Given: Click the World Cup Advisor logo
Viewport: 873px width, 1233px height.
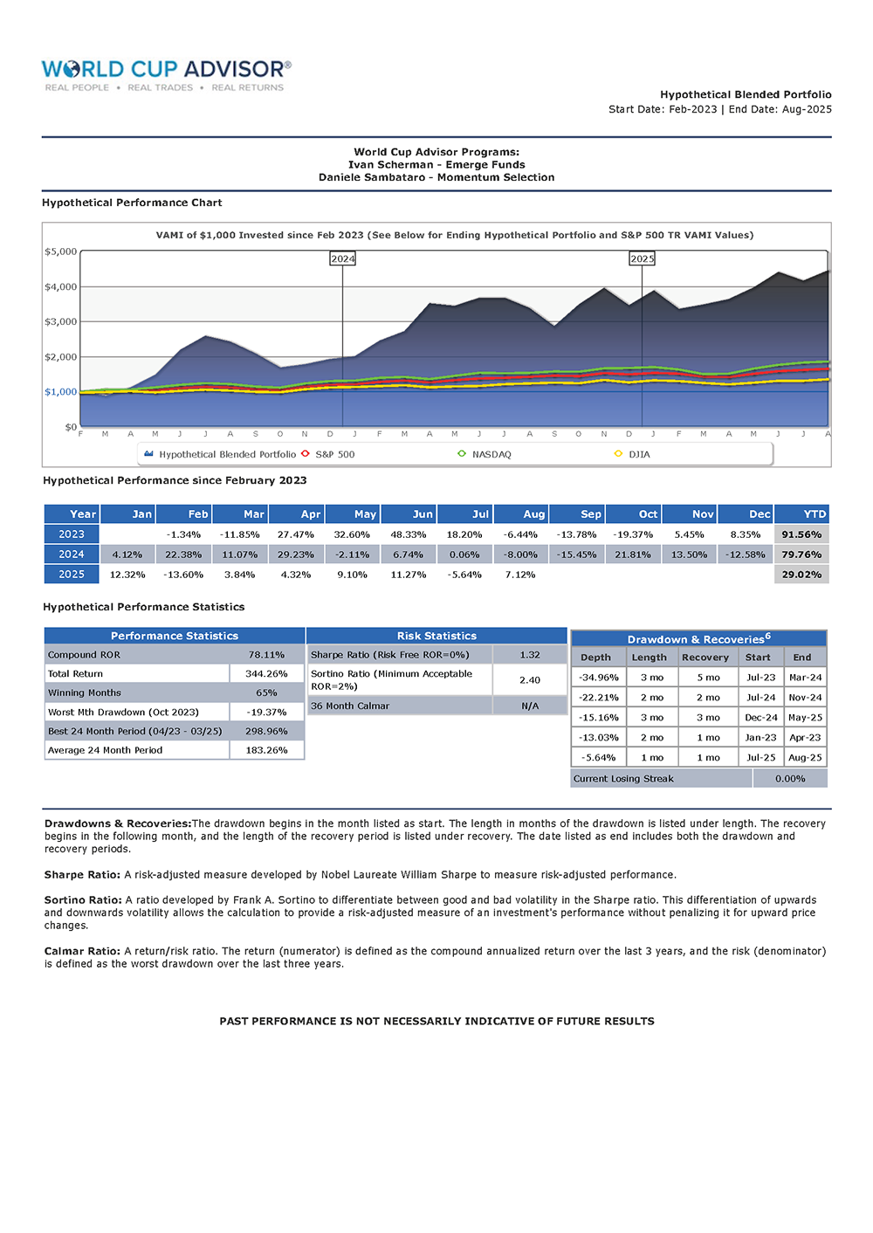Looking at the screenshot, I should (x=166, y=74).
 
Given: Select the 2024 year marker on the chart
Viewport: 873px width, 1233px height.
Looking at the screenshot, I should (x=342, y=258).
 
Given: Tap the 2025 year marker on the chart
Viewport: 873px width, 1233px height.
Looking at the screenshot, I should (x=642, y=258).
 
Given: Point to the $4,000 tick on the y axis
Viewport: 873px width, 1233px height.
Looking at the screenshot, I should (x=61, y=286).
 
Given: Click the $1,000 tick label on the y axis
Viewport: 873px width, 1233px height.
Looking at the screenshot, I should (x=61, y=392).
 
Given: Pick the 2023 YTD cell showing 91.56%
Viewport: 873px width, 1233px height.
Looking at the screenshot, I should (x=801, y=534).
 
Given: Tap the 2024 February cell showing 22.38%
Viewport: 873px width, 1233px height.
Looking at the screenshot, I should (x=183, y=555).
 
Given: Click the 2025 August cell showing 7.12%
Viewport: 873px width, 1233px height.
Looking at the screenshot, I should (x=520, y=575).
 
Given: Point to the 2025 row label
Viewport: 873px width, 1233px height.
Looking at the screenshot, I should (x=72, y=575).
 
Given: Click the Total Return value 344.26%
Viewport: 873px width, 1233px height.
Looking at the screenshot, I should (x=266, y=674).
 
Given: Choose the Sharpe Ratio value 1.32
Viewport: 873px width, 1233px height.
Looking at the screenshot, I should (x=530, y=655).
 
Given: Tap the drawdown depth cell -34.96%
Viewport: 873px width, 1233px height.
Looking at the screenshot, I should (x=599, y=678).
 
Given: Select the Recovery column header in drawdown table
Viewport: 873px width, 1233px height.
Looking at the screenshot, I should (x=705, y=658).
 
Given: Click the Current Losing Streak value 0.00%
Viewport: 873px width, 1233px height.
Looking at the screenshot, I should (x=790, y=779).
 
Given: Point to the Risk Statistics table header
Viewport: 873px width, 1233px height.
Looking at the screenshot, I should (x=436, y=636).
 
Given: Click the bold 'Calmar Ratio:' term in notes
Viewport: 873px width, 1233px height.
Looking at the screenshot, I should (x=82, y=951).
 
